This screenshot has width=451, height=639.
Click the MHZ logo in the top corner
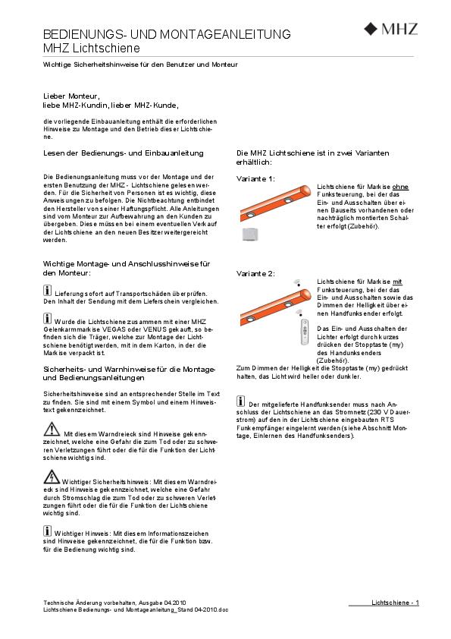[x=391, y=29]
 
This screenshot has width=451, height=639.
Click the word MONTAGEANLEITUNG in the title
[x=225, y=34]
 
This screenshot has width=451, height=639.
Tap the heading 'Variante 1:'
[x=255, y=179]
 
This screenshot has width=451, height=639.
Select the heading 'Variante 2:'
[x=255, y=273]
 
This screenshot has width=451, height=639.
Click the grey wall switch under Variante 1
[x=250, y=235]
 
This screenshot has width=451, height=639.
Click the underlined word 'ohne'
[x=400, y=187]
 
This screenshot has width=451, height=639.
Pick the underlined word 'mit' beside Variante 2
[x=397, y=282]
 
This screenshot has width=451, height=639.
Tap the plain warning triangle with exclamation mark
[x=52, y=429]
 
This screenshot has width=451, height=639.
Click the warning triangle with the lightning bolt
[x=52, y=477]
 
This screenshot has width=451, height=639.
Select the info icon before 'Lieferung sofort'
[x=47, y=291]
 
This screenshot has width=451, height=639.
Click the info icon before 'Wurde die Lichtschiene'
[x=47, y=318]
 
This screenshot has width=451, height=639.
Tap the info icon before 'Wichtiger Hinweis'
[x=47, y=530]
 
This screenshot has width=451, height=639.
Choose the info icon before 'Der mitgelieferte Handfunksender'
[x=240, y=401]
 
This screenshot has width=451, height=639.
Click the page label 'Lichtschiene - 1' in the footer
[x=395, y=603]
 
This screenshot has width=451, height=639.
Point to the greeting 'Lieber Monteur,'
[x=72, y=96]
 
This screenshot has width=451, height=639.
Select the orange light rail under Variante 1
[x=275, y=202]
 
